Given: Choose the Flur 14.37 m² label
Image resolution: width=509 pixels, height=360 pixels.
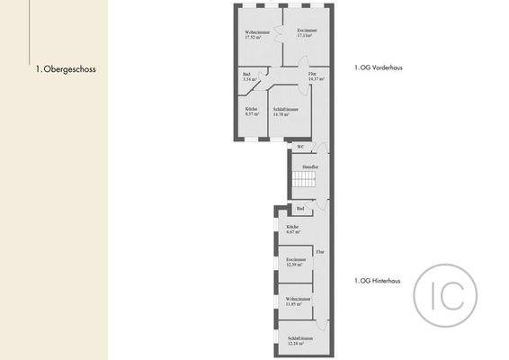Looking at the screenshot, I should coord(316,78).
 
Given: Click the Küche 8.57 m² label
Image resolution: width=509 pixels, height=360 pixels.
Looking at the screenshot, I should coord(252,112).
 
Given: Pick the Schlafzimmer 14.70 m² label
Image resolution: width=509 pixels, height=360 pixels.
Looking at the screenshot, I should coord(285,112).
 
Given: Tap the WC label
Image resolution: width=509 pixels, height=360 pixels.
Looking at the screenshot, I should coord(300,147).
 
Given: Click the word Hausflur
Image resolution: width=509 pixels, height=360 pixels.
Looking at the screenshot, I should coord(310,167).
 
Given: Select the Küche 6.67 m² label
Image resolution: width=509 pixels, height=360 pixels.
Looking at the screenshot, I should coord(293,229).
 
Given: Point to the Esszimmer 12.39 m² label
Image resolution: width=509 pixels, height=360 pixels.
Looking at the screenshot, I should coord(295,262).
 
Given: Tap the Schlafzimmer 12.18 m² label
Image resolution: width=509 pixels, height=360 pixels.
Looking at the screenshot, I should coord(296,341).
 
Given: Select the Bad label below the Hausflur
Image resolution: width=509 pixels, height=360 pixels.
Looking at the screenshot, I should coord(300,209).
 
